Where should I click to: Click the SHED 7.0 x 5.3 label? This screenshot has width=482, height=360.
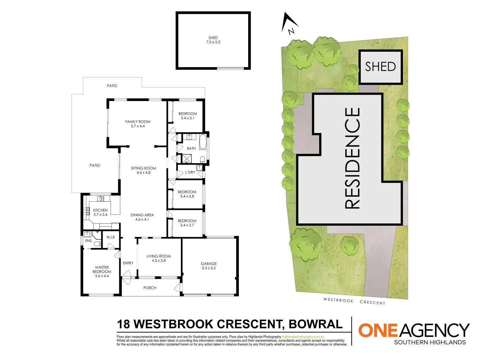(x=213, y=40)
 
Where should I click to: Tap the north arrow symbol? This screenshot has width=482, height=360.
(x=289, y=23)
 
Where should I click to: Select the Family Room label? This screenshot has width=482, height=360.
(x=138, y=124)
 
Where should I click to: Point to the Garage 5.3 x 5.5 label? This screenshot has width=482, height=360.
(x=209, y=266)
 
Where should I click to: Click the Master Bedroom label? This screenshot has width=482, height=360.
(x=102, y=272)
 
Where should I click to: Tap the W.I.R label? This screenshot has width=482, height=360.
(x=111, y=237)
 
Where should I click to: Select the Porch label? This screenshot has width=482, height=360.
(x=150, y=288)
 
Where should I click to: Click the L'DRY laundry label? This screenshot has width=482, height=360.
(x=190, y=172)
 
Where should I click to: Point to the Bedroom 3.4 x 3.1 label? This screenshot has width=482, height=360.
(x=188, y=116)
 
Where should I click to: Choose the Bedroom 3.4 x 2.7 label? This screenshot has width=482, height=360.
(x=187, y=223)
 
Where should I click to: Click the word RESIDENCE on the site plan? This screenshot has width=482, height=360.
(x=352, y=158)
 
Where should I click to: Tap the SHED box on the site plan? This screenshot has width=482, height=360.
(x=380, y=67)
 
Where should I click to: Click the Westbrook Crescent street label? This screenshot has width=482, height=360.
(x=354, y=301)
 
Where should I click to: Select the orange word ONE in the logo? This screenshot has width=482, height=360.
(x=378, y=330)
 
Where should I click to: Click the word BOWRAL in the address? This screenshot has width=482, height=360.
(x=315, y=324)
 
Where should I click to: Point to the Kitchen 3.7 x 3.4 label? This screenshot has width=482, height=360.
(x=100, y=212)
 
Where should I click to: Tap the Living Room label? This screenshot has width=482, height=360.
(x=159, y=258)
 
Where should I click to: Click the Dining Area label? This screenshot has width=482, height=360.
(x=142, y=217)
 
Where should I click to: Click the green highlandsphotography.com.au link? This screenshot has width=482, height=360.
(x=303, y=337)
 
